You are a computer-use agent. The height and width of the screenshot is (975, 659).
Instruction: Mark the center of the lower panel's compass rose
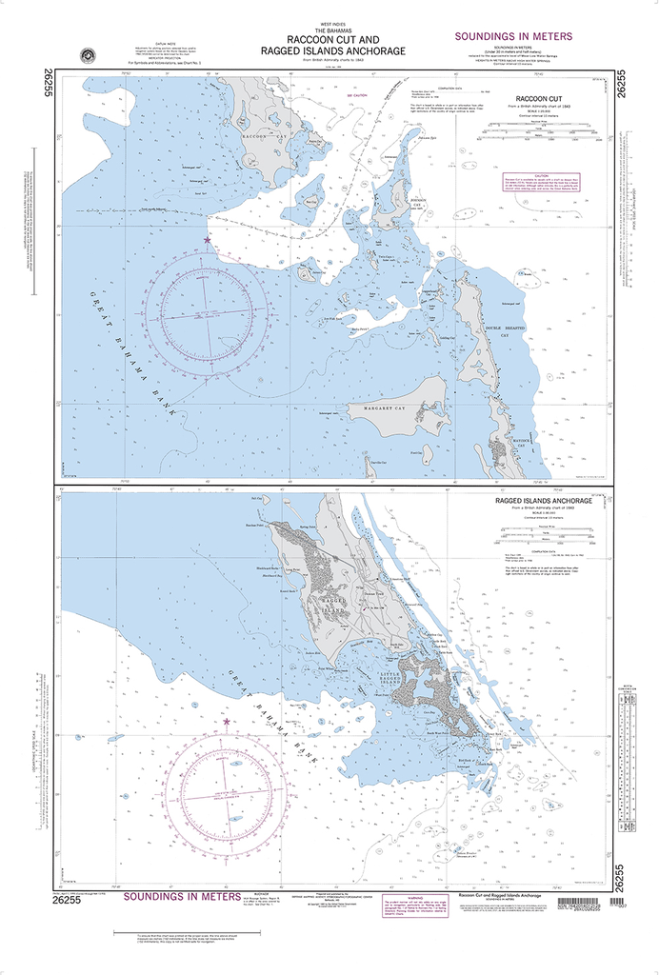click(226, 794)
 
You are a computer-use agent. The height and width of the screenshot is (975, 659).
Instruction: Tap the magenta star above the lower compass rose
click(226, 722)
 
